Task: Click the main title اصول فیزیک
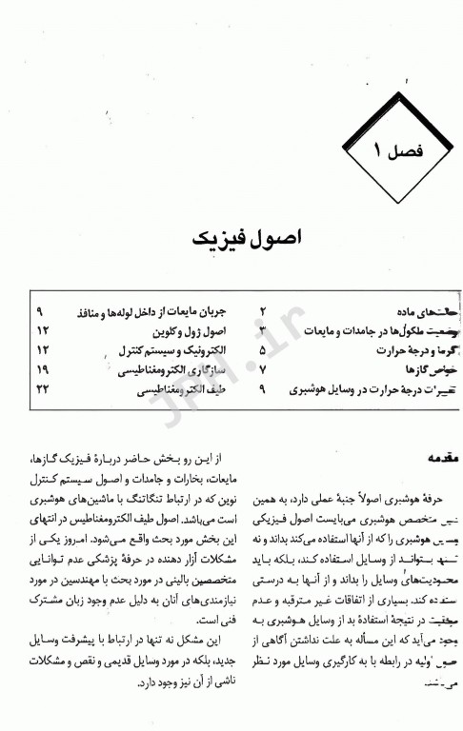point(231,236)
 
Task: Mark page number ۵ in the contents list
point(264,348)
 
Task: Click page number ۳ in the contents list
point(264,330)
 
